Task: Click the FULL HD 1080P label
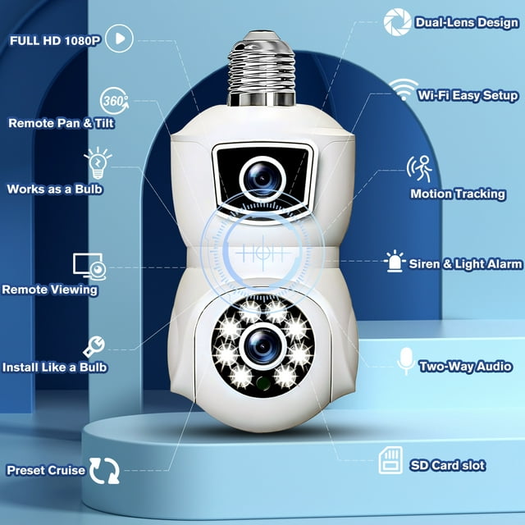[53, 39]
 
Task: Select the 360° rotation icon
[113, 101]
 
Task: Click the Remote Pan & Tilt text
[61, 123]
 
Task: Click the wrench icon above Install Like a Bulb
[94, 345]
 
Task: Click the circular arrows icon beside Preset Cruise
[104, 470]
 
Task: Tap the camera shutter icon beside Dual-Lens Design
[397, 21]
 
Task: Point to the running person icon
[420, 169]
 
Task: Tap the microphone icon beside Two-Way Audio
[404, 360]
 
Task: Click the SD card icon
[390, 460]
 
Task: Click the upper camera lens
[262, 174]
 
